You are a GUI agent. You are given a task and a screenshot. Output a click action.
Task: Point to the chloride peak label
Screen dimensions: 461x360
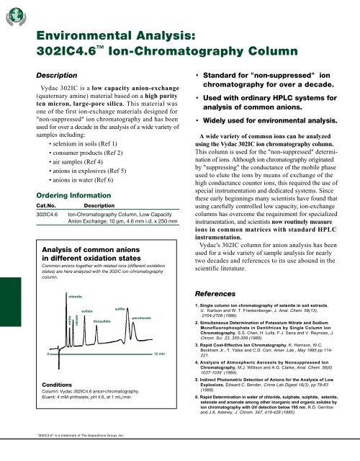[x=74, y=276]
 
